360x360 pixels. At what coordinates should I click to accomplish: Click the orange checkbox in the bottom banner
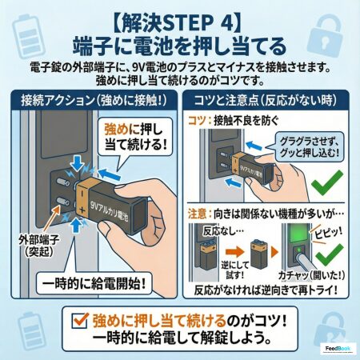click(x=80, y=320)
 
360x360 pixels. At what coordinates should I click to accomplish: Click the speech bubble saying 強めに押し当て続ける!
click(x=135, y=138)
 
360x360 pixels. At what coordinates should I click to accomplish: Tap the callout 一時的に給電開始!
click(x=94, y=283)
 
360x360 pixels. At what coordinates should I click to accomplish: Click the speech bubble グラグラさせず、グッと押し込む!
click(x=310, y=147)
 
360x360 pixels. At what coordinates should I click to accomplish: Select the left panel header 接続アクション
click(x=94, y=100)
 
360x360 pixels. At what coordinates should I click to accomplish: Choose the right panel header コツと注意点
click(x=266, y=100)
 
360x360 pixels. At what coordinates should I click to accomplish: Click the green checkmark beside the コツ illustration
click(x=327, y=184)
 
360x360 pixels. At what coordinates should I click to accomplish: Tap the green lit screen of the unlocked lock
click(x=296, y=234)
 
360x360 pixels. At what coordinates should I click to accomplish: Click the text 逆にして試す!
click(x=234, y=270)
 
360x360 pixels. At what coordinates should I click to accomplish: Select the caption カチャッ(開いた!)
click(x=311, y=275)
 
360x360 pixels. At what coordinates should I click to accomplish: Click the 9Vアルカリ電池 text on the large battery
click(x=110, y=210)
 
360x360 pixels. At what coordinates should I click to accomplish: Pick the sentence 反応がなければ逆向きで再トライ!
click(x=266, y=290)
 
